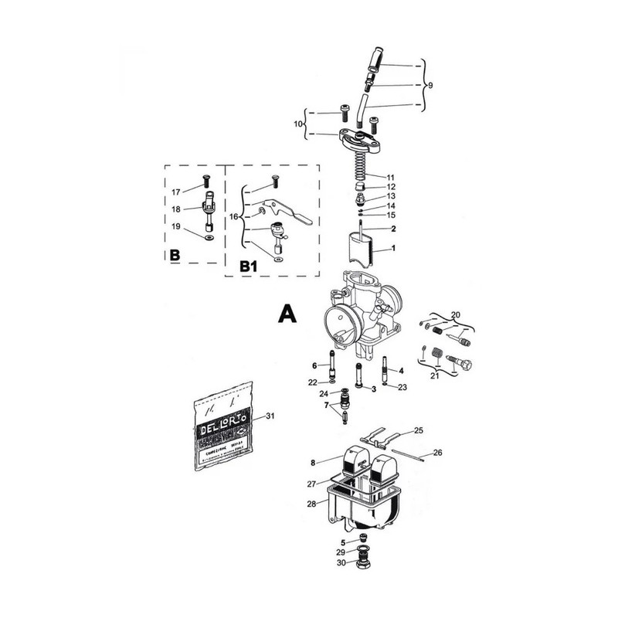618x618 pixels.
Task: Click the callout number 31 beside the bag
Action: [270, 416]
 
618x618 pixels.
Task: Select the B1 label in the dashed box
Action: [249, 266]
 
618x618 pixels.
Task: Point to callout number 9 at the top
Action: [430, 85]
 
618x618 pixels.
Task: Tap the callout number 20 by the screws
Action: [456, 314]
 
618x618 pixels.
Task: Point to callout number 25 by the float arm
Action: [419, 430]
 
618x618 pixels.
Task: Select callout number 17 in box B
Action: [175, 192]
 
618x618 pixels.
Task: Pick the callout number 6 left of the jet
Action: [315, 365]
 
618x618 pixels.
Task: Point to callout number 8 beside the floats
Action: [314, 463]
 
